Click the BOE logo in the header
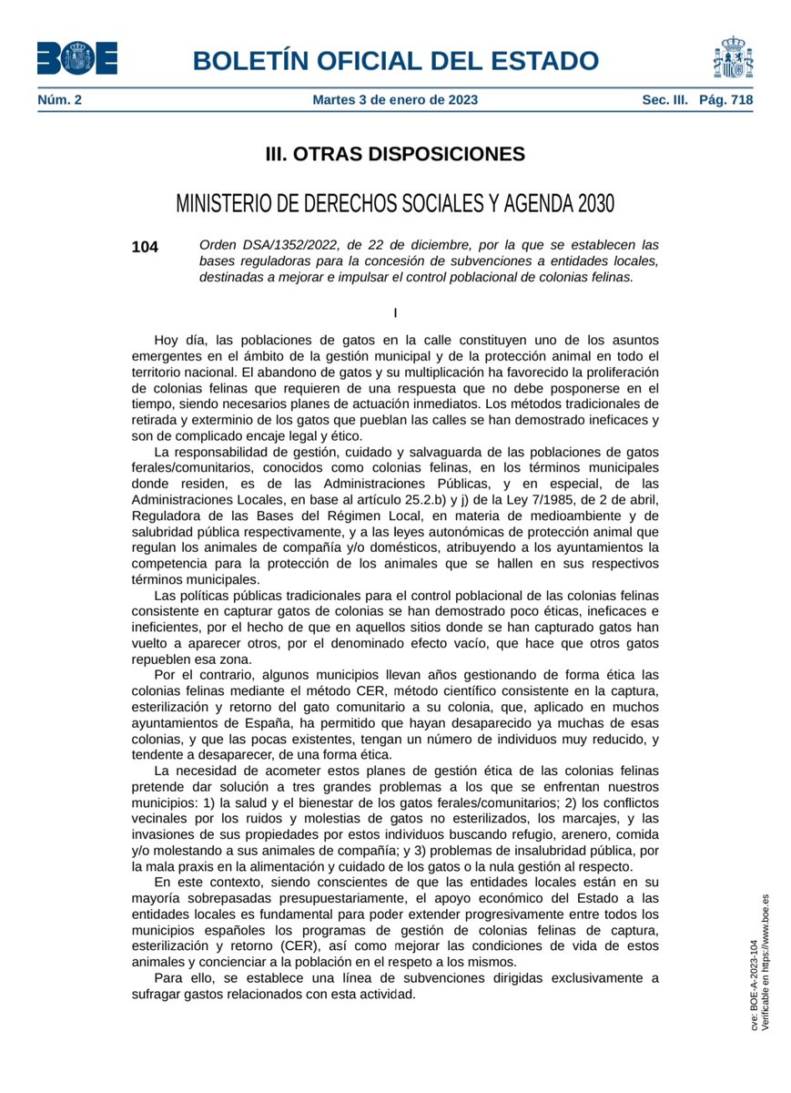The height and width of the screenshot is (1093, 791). (76, 60)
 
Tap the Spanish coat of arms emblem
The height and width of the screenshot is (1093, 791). (732, 58)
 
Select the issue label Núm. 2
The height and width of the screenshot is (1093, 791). (59, 100)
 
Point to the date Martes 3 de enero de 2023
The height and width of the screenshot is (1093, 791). (395, 100)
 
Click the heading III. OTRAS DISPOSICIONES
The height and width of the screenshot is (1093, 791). (395, 154)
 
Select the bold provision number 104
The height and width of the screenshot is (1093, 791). (145, 247)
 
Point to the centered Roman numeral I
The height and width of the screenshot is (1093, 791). (395, 313)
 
